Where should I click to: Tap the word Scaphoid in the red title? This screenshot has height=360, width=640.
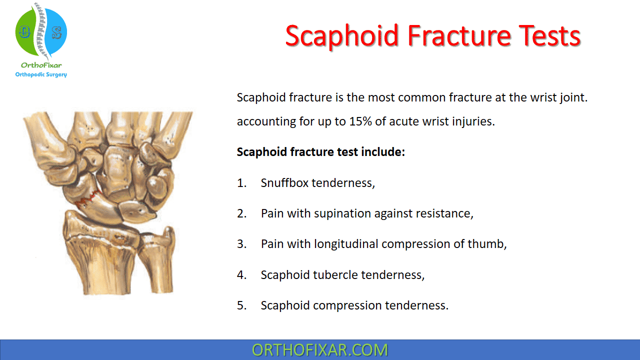click(x=341, y=37)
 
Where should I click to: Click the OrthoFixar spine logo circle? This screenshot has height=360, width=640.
click(x=41, y=31)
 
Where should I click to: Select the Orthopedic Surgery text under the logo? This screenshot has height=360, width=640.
click(x=41, y=74)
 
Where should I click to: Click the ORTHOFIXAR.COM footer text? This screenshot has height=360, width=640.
click(x=319, y=350)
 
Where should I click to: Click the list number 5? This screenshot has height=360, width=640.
click(x=241, y=305)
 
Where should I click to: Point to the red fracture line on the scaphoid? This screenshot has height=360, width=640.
click(x=88, y=198)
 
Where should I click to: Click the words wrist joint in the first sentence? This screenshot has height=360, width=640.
click(x=559, y=98)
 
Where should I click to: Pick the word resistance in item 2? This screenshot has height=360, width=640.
click(x=444, y=213)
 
